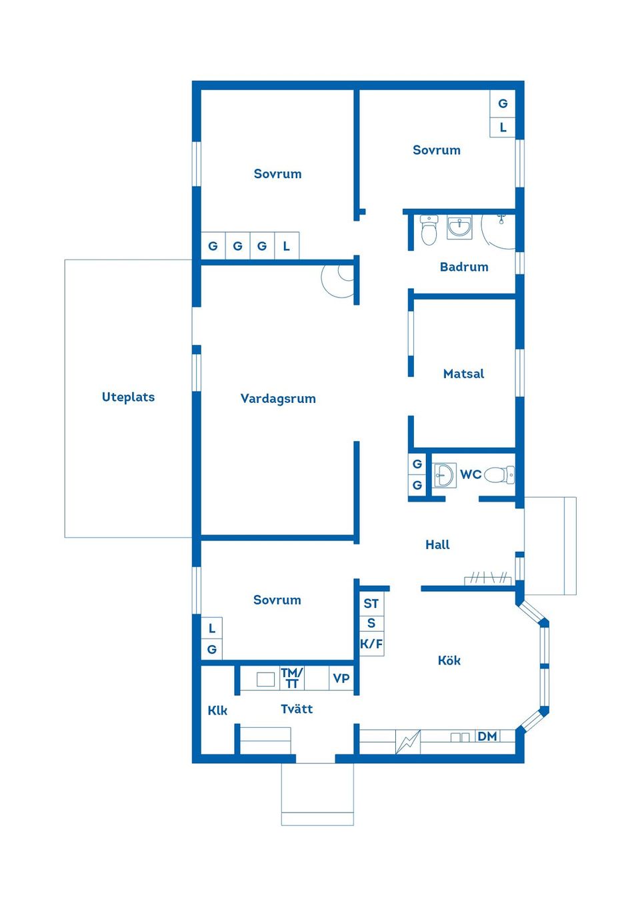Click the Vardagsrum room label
[x=278, y=399]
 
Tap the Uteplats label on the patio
[x=128, y=397]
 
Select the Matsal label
[x=463, y=374]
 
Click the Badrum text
[x=464, y=267]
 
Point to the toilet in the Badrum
[x=429, y=230]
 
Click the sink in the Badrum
[x=459, y=228]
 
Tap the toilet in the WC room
[x=499, y=475]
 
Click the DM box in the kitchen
[x=487, y=737]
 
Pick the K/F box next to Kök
[x=371, y=644]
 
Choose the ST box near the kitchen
[x=371, y=604]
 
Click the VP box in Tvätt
[x=341, y=678]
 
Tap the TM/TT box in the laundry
[x=292, y=678]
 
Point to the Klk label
[x=217, y=711]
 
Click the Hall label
[x=437, y=545]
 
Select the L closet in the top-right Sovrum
[x=503, y=127]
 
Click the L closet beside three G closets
[x=287, y=246]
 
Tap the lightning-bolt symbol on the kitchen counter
[x=407, y=741]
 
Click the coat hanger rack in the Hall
[x=489, y=578]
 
